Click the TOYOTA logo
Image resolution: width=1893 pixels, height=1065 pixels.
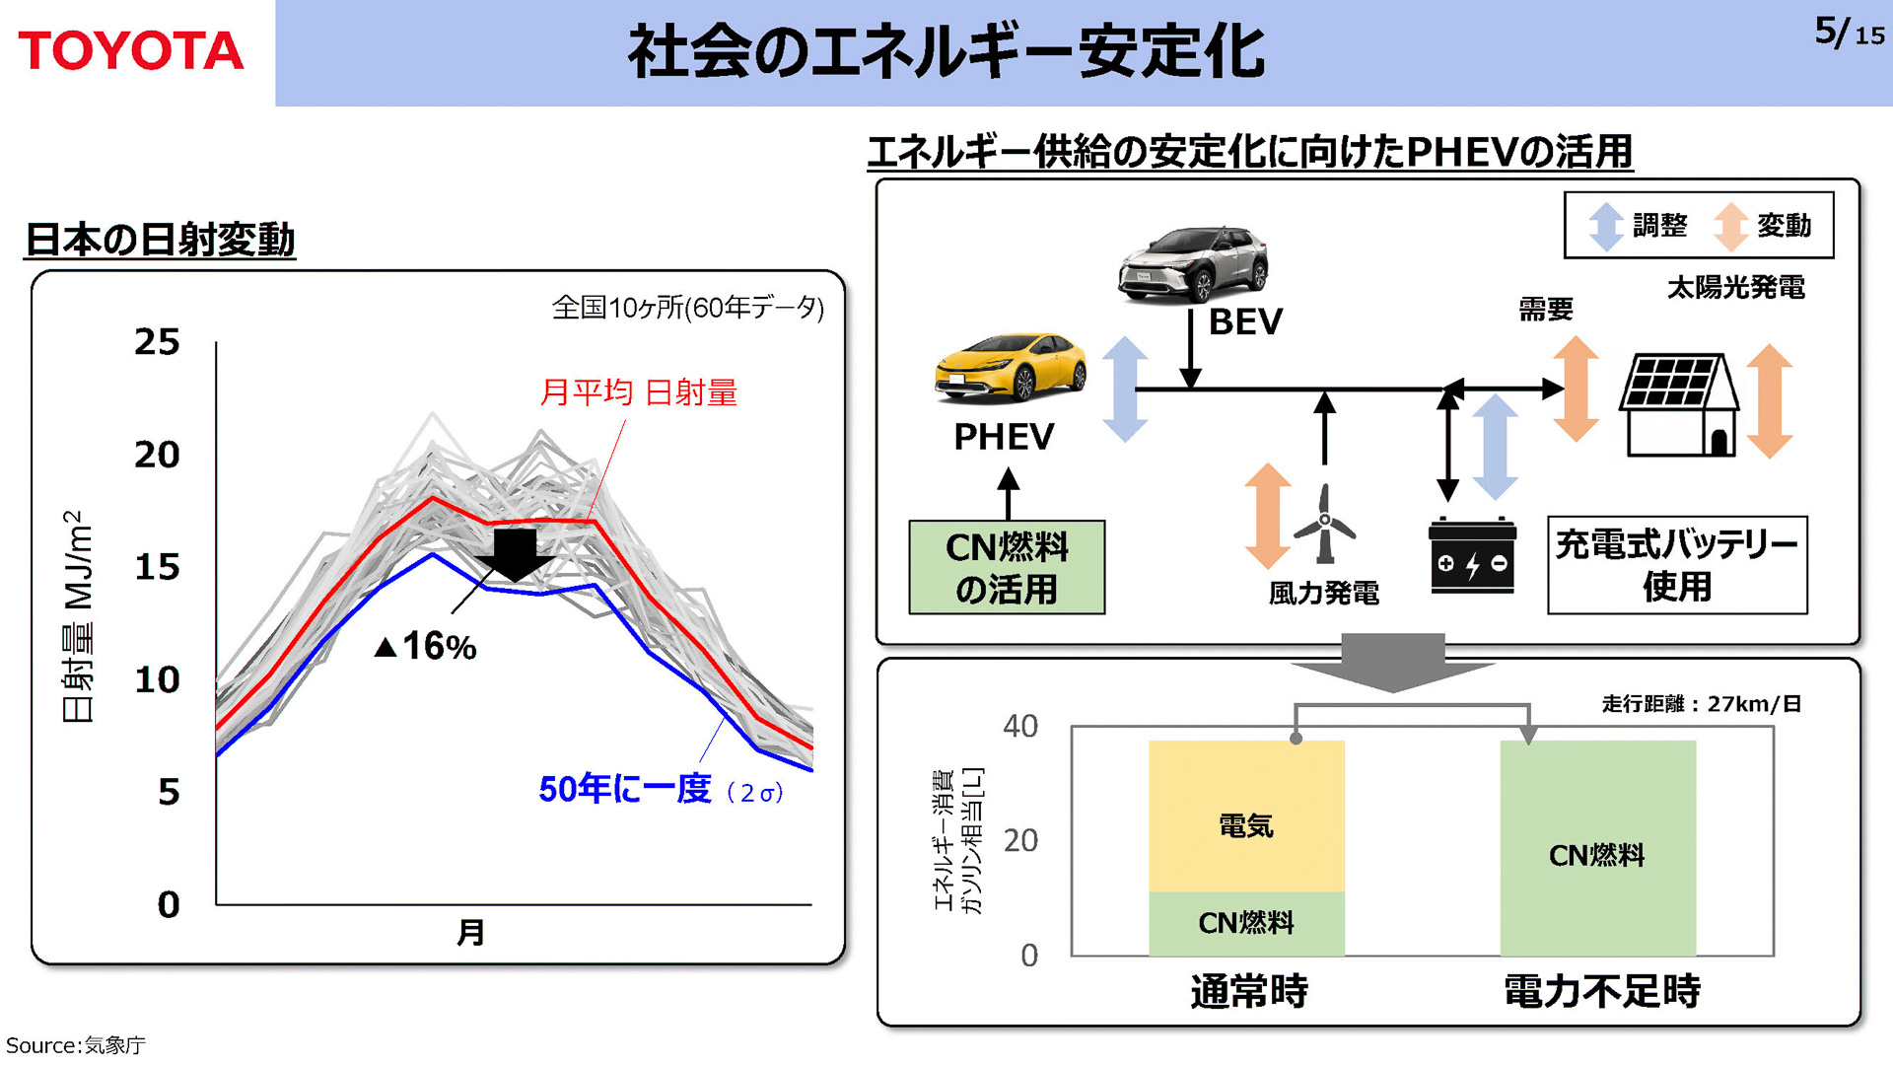(x=130, y=50)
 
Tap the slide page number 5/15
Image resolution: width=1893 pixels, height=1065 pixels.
(x=1849, y=33)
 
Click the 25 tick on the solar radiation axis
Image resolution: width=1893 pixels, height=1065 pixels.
(x=157, y=342)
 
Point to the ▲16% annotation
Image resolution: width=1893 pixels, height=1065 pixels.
(x=426, y=647)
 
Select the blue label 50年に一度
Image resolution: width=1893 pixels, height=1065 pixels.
(x=625, y=789)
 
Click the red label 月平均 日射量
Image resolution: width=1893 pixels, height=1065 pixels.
(x=638, y=392)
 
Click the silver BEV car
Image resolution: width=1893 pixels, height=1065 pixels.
(x=1193, y=262)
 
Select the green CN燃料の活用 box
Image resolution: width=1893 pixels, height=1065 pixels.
(x=1007, y=568)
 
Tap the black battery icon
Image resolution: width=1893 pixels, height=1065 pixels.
(x=1472, y=556)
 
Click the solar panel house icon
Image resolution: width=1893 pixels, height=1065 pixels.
(x=1679, y=404)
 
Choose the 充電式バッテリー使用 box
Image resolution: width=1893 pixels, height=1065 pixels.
(x=1677, y=565)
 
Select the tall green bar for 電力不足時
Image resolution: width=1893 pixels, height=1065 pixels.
(x=1597, y=848)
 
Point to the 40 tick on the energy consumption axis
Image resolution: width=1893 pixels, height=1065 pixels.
(x=1020, y=727)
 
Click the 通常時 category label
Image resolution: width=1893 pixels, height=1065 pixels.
(x=1249, y=991)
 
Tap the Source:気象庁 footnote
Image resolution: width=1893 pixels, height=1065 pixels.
(x=76, y=1045)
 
